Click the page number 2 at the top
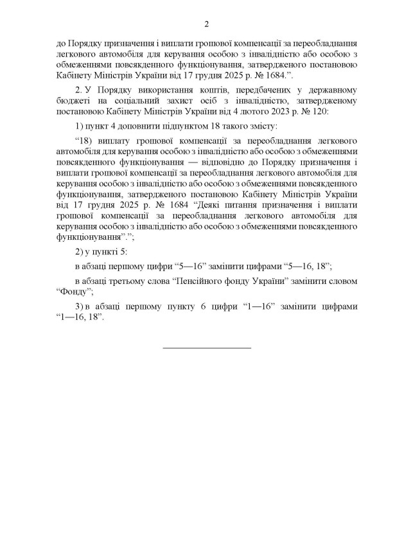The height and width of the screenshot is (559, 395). [207, 24]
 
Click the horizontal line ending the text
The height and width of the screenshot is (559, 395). [207, 347]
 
